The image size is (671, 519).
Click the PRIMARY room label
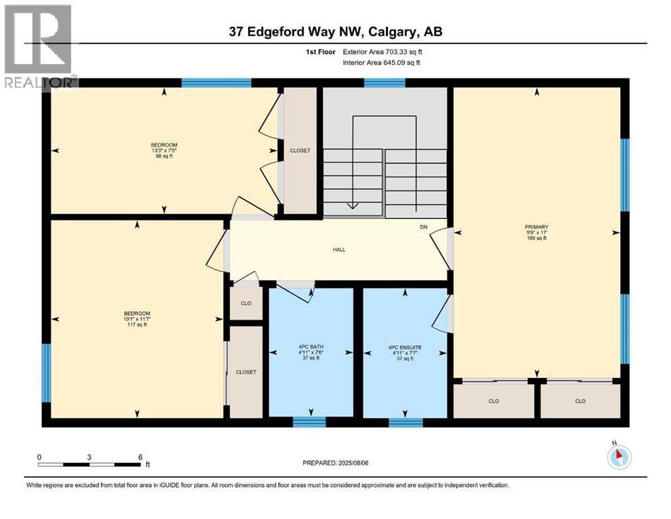pos(536,227)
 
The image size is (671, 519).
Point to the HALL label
pos(339,249)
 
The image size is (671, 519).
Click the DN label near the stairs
pos(424,227)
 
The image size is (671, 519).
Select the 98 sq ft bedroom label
pos(164,150)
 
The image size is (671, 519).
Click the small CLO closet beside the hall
pos(246,303)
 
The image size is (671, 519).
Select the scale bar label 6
pos(139,457)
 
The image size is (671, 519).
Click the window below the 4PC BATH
pos(309,422)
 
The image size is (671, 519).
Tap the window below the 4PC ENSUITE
pos(405,422)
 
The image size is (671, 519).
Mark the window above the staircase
pos(384,83)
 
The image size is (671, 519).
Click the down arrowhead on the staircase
pos(351,205)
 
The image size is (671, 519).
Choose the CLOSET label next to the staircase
pos(299,151)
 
